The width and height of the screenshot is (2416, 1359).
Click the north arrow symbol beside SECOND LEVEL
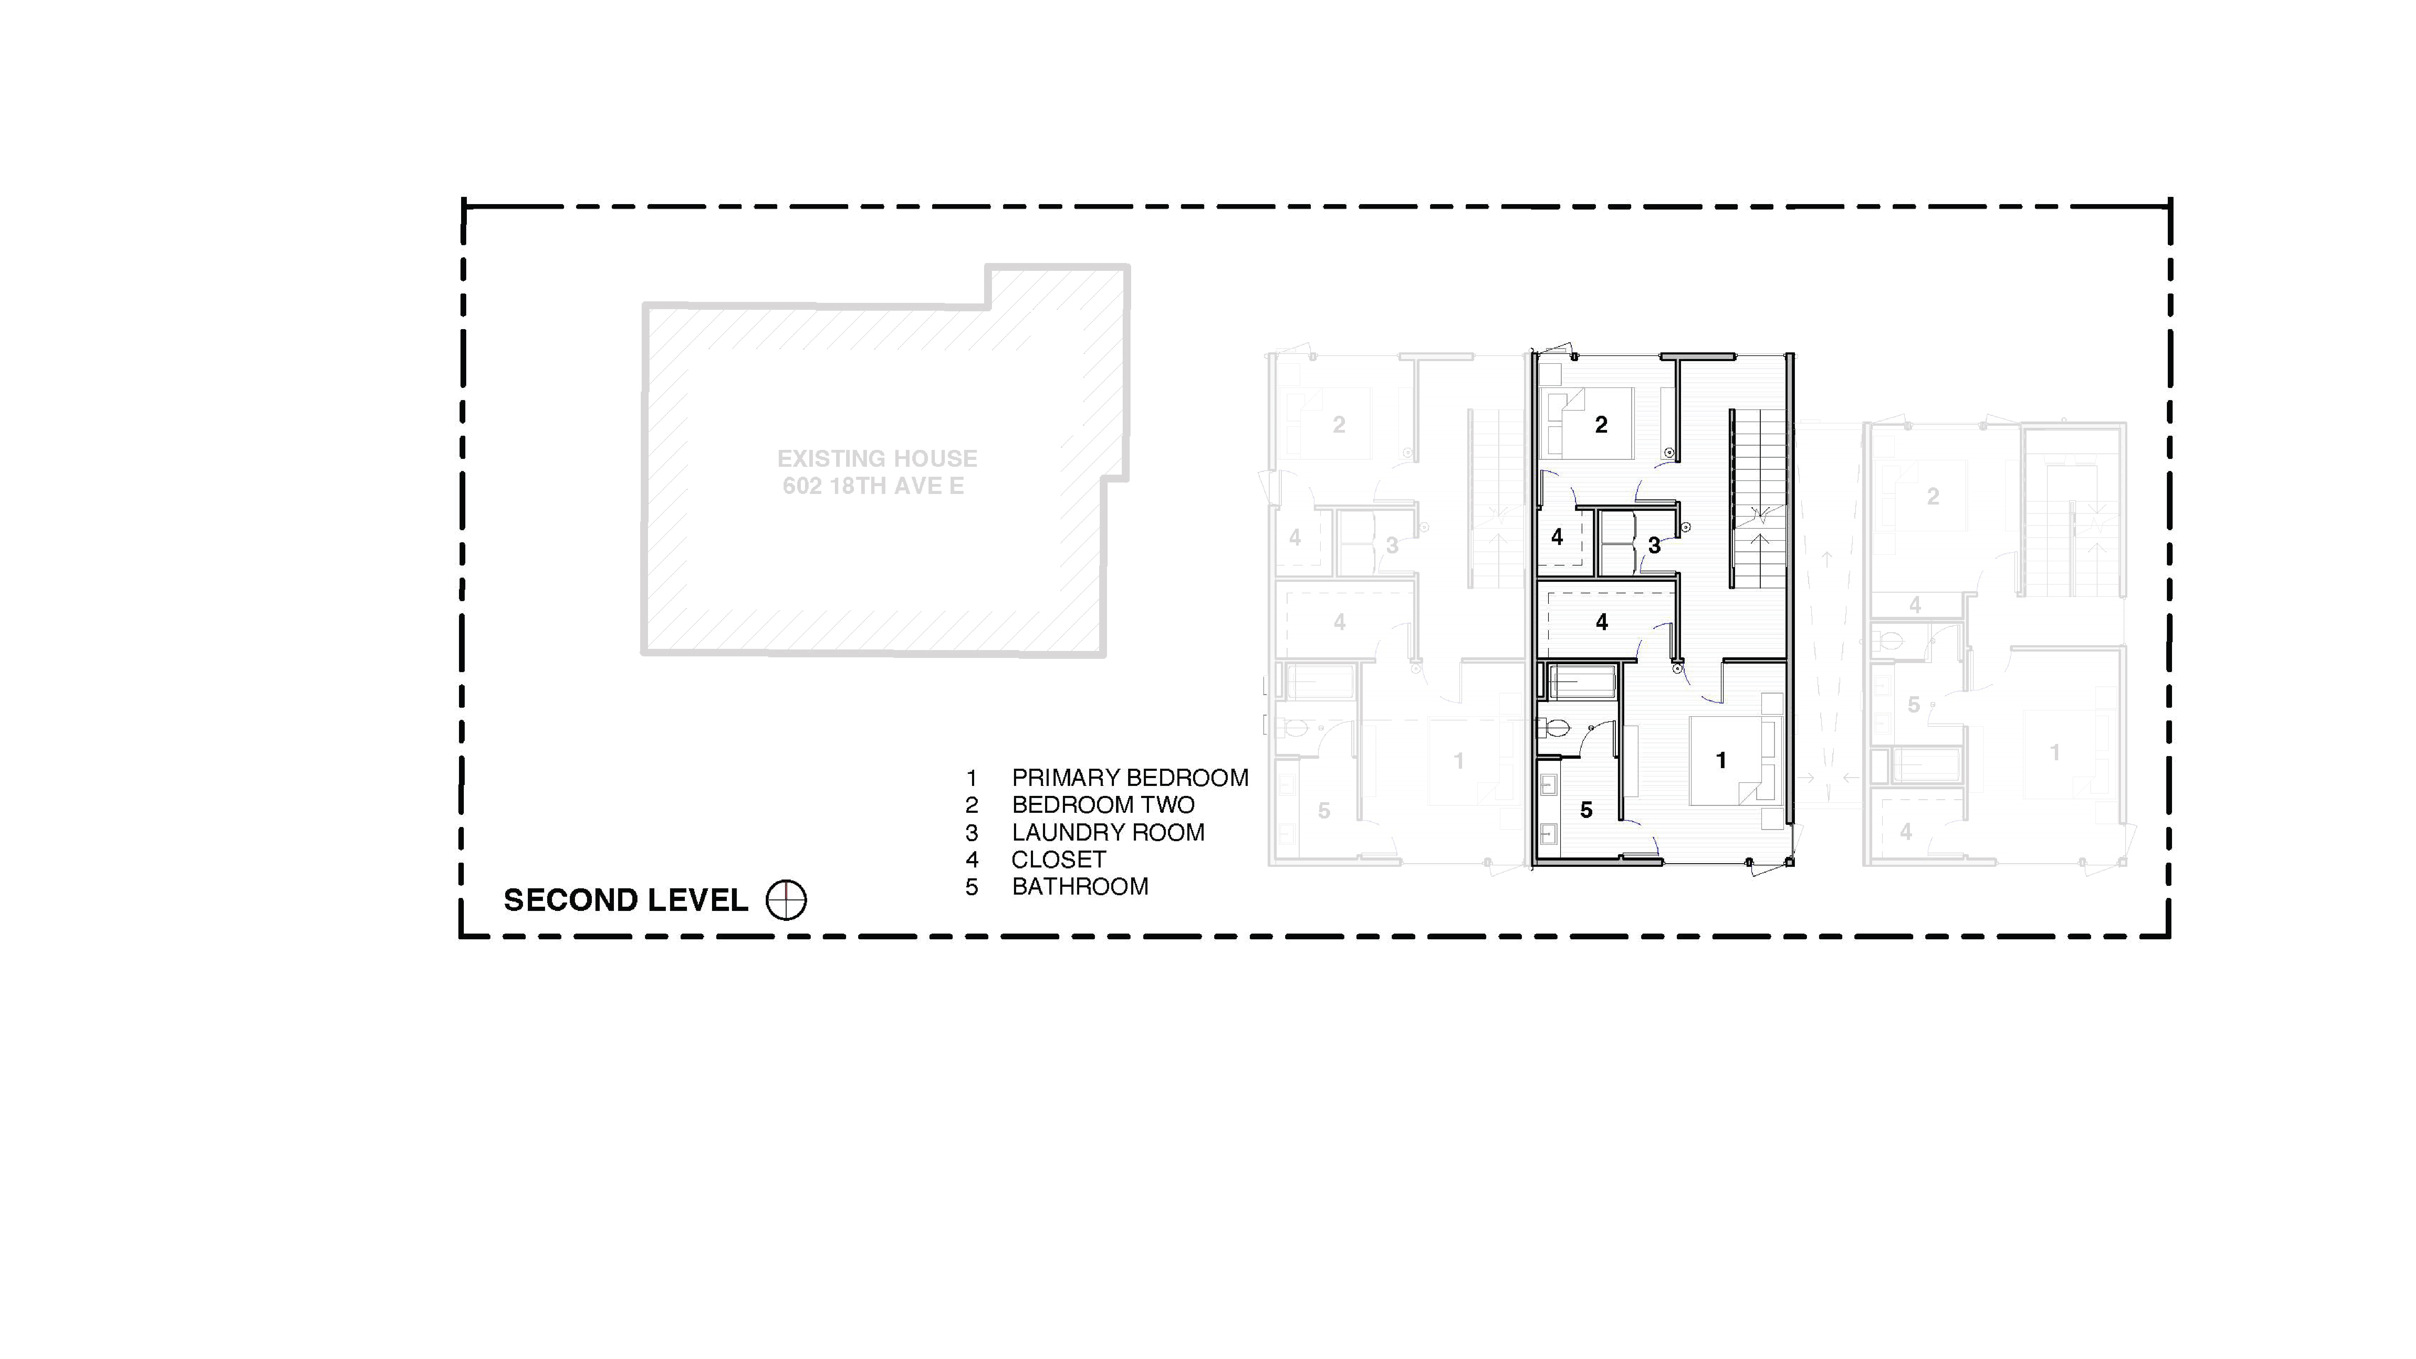786,900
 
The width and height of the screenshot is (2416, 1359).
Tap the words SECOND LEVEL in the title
626,900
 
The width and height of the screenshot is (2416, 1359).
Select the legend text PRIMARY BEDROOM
1129,777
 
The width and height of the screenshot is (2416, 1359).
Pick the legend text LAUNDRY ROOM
1108,832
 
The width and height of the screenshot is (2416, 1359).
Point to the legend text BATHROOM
1080,886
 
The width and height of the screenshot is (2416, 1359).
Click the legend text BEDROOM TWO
1103,805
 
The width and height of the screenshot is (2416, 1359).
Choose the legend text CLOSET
1058,859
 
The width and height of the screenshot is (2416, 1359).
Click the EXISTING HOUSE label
877,459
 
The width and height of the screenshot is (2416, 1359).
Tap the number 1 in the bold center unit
1720,760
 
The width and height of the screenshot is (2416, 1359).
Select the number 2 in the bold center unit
1601,425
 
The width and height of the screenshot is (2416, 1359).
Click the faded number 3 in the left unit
1392,545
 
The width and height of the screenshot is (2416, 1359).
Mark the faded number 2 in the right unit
1932,496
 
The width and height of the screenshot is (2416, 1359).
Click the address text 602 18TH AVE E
873,486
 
